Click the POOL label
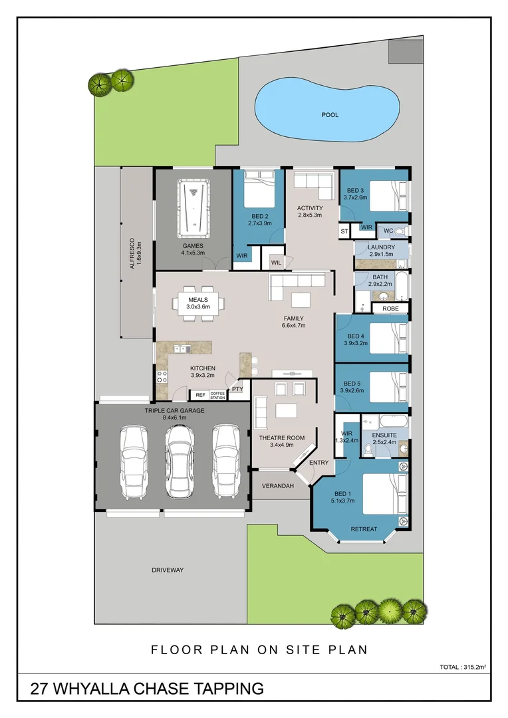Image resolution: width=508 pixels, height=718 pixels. click(x=330, y=115)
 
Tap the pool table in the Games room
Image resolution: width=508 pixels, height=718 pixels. click(x=193, y=209)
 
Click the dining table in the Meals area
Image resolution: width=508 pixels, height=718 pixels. click(x=198, y=304)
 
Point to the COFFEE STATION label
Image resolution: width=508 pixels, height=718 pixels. click(x=217, y=395)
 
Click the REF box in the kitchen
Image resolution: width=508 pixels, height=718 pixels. click(x=200, y=395)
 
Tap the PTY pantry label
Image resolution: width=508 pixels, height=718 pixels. click(x=237, y=389)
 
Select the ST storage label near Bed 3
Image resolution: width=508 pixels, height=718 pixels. click(x=344, y=232)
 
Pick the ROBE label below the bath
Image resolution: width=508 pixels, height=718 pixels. click(x=390, y=308)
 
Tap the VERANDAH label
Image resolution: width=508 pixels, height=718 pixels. click(x=277, y=486)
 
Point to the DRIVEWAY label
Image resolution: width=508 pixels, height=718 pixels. click(x=168, y=570)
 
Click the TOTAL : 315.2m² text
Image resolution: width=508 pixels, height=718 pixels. click(x=463, y=667)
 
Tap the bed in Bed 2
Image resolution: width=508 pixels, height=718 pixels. click(x=259, y=189)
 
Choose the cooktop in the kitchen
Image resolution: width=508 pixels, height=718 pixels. click(x=162, y=376)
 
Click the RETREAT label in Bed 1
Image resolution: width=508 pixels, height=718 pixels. click(x=364, y=529)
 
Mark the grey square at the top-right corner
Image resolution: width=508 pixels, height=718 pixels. click(x=406, y=51)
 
